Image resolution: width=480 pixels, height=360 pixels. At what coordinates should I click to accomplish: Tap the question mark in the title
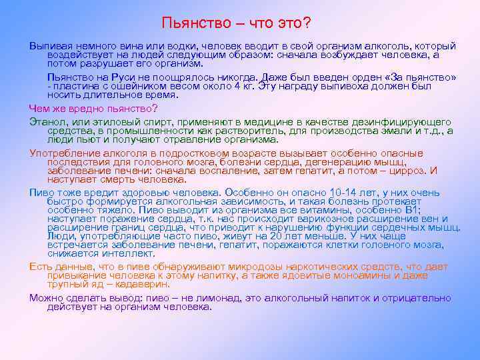pyautogui.click(x=307, y=23)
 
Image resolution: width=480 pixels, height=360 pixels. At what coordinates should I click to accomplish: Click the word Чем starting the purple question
pyautogui.click(x=39, y=108)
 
